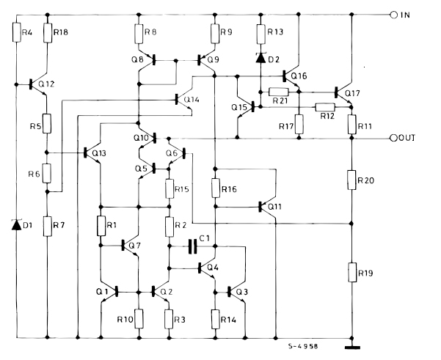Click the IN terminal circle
[393, 14]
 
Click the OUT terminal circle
[393, 138]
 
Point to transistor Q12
[39, 84]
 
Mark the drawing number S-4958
[304, 343]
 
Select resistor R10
[139, 319]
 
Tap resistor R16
[214, 188]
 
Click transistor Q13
[92, 153]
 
